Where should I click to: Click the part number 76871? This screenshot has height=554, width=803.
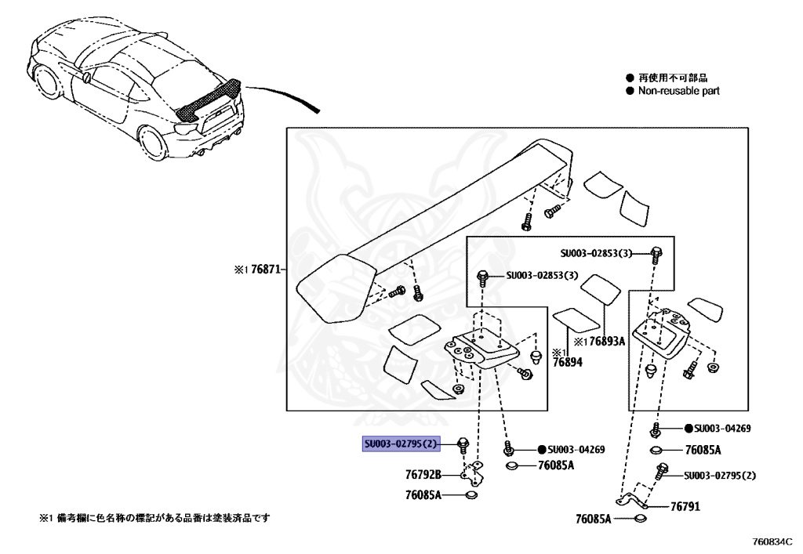(x=264, y=269)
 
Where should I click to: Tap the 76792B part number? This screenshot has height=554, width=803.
(x=423, y=474)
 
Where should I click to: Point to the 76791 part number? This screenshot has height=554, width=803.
(x=685, y=507)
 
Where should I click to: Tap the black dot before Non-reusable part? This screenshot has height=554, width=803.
(x=629, y=91)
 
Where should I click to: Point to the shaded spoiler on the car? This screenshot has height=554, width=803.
(x=209, y=100)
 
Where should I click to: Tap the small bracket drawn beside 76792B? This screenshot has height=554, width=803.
(x=474, y=473)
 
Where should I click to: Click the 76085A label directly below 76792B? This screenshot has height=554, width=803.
(x=423, y=495)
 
